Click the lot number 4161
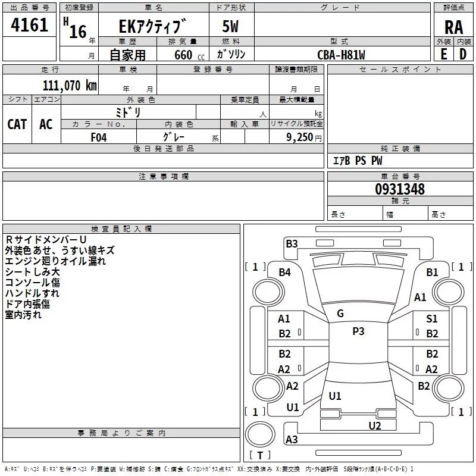pyautogui.click(x=30, y=26)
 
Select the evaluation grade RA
pyautogui.click(x=453, y=27)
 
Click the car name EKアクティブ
pyautogui.click(x=153, y=27)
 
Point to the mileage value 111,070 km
pyautogui.click(x=69, y=85)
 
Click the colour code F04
pyautogui.click(x=99, y=136)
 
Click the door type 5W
pyautogui.click(x=231, y=27)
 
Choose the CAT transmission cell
pyautogui.click(x=17, y=124)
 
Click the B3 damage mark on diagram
pyautogui.click(x=292, y=243)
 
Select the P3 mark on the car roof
pyautogui.click(x=358, y=331)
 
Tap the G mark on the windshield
pyautogui.click(x=340, y=314)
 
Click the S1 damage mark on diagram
pyautogui.click(x=432, y=319)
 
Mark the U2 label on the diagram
pyautogui.click(x=374, y=425)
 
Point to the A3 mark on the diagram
pyautogui.click(x=292, y=440)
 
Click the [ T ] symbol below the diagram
pyautogui.click(x=259, y=456)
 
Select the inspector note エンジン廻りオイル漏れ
pyautogui.click(x=55, y=261)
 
